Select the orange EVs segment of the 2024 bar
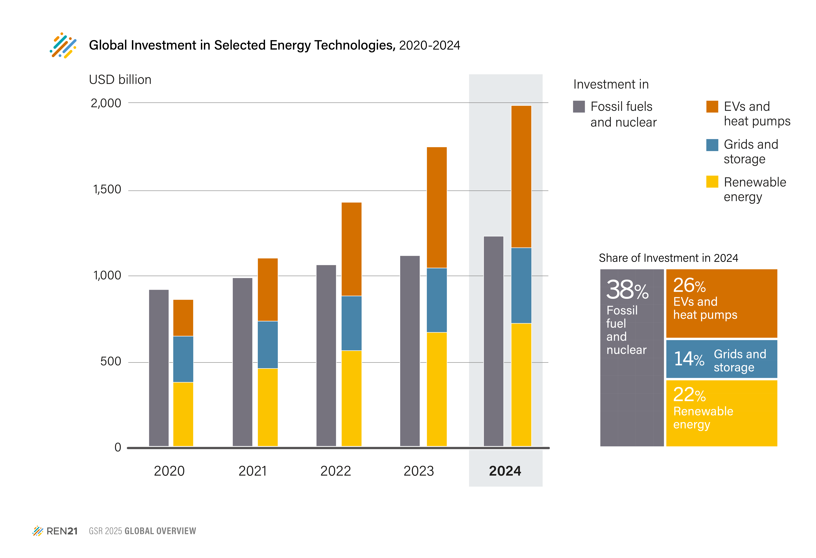[x=521, y=177]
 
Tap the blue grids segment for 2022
[x=351, y=323]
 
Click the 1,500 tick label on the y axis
[x=107, y=190]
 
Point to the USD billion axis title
[x=120, y=80]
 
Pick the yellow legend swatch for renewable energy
[x=712, y=182]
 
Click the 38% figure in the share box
[x=627, y=290]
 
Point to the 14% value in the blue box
[x=689, y=359]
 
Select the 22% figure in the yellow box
[x=689, y=395]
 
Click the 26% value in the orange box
[x=689, y=286]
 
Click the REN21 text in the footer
[x=62, y=531]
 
